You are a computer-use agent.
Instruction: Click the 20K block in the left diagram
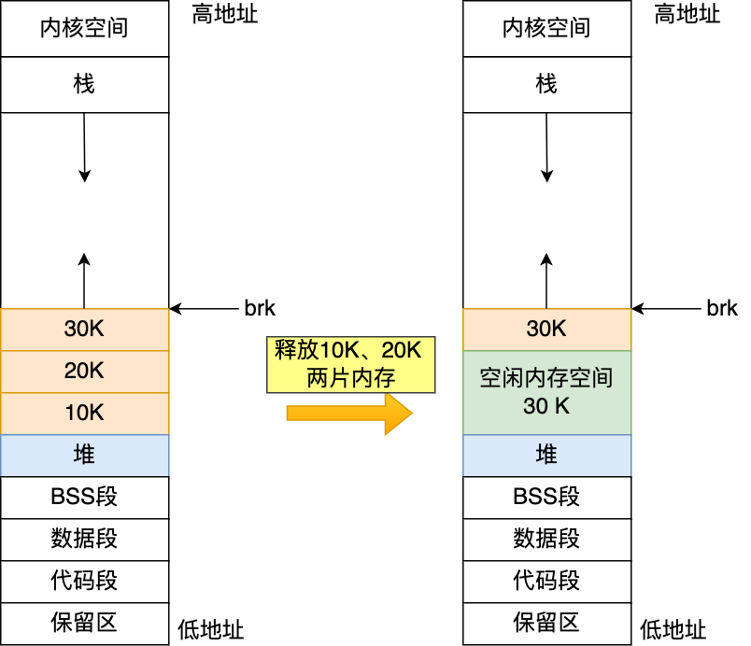pyautogui.click(x=84, y=372)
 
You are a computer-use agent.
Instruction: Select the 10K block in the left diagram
pyautogui.click(x=84, y=414)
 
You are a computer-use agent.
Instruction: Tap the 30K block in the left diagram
pyautogui.click(x=84, y=329)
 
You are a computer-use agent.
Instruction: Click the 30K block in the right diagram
pyautogui.click(x=546, y=329)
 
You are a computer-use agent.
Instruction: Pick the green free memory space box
pyautogui.click(x=546, y=392)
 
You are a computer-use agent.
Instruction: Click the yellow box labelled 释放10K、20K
pyautogui.click(x=350, y=364)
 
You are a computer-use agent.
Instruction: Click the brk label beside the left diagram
pyautogui.click(x=260, y=308)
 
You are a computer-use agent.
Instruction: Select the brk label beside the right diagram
pyautogui.click(x=722, y=308)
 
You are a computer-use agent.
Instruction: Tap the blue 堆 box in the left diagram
pyautogui.click(x=84, y=456)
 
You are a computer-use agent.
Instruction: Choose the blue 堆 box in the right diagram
pyautogui.click(x=546, y=456)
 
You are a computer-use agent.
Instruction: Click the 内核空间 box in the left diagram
pyautogui.click(x=84, y=28)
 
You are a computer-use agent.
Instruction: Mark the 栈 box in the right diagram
pyautogui.click(x=546, y=85)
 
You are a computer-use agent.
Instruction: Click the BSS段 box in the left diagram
pyautogui.click(x=84, y=497)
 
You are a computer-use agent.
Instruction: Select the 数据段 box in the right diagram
pyautogui.click(x=546, y=539)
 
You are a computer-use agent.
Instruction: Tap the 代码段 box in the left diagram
pyautogui.click(x=84, y=581)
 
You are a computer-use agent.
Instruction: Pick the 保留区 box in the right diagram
pyautogui.click(x=546, y=623)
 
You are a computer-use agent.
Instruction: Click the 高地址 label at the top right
pyautogui.click(x=687, y=14)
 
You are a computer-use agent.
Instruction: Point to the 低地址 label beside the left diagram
pyautogui.click(x=210, y=630)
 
